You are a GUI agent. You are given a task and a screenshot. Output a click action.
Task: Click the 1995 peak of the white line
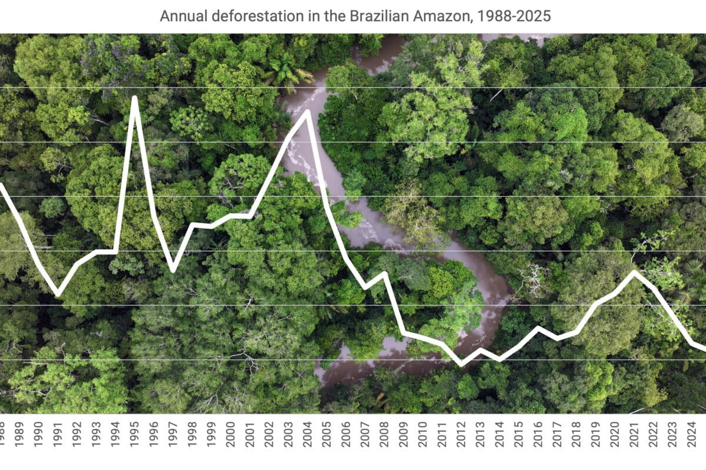tap(134, 98)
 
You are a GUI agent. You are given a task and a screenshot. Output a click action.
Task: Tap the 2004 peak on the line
tap(307, 112)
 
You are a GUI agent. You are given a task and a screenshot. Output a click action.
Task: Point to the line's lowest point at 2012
tap(461, 364)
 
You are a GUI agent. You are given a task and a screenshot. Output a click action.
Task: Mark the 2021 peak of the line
tap(634, 272)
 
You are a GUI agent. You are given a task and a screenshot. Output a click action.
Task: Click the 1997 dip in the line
tap(172, 270)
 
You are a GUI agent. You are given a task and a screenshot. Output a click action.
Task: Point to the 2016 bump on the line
tap(538, 328)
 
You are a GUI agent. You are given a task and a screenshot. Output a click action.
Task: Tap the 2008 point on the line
tap(384, 274)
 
